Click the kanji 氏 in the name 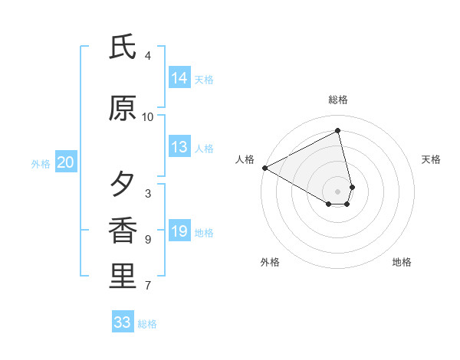coord(123,47)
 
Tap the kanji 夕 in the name coord(123,184)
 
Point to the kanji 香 coord(123,231)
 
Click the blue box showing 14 coord(179,78)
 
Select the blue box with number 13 coord(179,148)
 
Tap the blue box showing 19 coord(179,232)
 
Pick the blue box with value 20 coord(66,162)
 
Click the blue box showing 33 coord(123,322)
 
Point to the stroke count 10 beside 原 coord(148,117)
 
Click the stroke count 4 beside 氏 coord(148,56)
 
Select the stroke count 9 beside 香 coord(148,240)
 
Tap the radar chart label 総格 coord(338,100)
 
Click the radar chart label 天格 coord(432,159)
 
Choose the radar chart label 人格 coord(245,159)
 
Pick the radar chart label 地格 coord(402,262)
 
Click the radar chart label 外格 coord(270,262)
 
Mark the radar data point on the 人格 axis coord(264,167)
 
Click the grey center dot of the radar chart coord(338,191)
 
